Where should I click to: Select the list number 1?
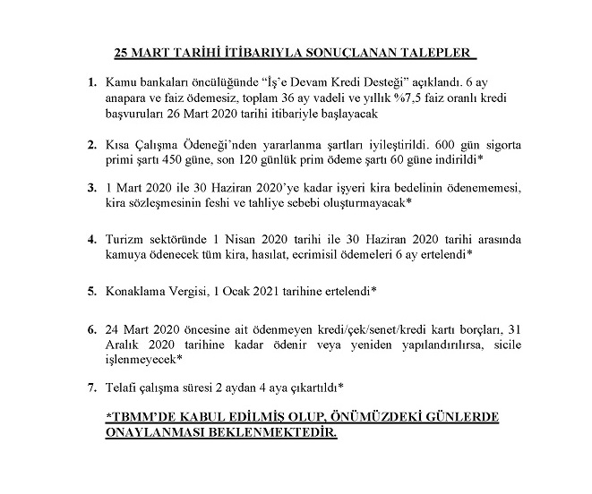[x=93, y=83]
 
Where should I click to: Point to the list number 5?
[x=93, y=291]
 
